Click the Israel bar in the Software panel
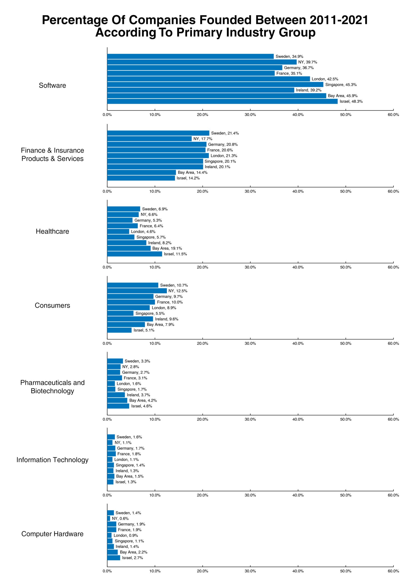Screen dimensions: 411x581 point(222,101)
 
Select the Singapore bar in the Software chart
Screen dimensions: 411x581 point(215,84)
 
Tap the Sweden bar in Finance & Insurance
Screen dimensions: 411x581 point(158,133)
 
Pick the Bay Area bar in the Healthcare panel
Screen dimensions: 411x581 point(129,248)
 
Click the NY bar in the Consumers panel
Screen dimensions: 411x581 point(137,291)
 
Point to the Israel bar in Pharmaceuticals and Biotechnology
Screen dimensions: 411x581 point(118,406)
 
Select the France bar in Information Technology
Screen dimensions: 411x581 point(111,454)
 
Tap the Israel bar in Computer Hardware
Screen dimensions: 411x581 point(114,558)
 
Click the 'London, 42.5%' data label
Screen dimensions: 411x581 point(325,79)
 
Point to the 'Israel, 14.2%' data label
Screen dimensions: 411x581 point(188,178)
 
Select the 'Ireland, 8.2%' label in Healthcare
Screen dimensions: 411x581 point(160,243)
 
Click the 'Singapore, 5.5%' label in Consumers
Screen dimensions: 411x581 point(150,313)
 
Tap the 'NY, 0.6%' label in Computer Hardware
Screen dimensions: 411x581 point(120,519)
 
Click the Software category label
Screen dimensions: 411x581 point(52,85)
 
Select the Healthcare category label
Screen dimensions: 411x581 point(52,231)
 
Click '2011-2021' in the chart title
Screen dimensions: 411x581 point(339,20)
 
